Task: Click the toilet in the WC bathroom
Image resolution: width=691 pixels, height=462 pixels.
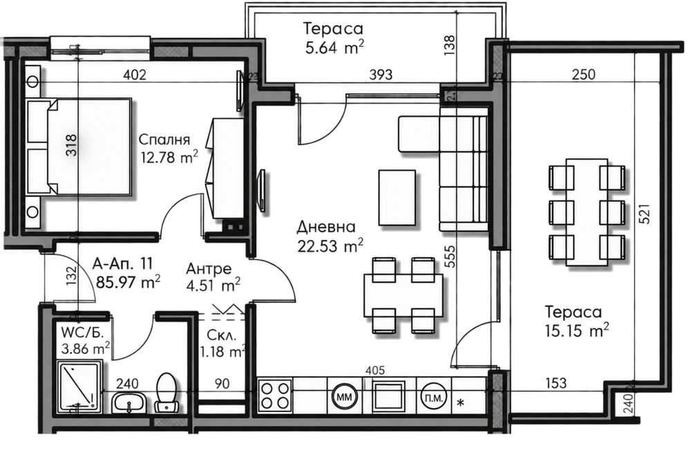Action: tap(166, 393)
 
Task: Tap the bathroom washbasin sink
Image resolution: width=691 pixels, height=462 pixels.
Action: tap(129, 403)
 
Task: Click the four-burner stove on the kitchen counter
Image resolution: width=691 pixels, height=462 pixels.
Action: tap(275, 395)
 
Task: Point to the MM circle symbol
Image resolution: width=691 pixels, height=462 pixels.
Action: tap(344, 397)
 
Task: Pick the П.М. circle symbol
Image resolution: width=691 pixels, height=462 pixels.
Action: tap(434, 397)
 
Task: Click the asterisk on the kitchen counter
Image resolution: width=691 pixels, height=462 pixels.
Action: tap(461, 403)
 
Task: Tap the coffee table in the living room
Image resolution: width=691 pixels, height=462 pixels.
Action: tap(397, 198)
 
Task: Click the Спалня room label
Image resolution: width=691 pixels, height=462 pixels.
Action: tap(164, 140)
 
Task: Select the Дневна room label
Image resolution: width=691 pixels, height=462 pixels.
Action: tap(325, 227)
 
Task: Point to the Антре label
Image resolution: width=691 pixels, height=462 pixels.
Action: tap(209, 268)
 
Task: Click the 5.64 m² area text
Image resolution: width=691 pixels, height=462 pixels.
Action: tap(334, 47)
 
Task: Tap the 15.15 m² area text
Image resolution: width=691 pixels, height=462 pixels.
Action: tap(577, 330)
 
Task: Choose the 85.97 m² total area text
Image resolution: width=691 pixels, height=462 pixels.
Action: tap(128, 281)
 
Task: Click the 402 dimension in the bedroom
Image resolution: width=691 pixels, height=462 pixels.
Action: tap(135, 75)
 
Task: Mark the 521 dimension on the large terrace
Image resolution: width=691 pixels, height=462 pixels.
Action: tap(644, 213)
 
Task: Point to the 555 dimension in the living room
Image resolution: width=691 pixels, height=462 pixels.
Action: tap(450, 256)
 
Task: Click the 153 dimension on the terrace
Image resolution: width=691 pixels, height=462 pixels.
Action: tap(556, 382)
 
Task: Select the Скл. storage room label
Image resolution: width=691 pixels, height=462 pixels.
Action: tap(222, 335)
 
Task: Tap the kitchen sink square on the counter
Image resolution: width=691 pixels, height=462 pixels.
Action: tap(388, 396)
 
